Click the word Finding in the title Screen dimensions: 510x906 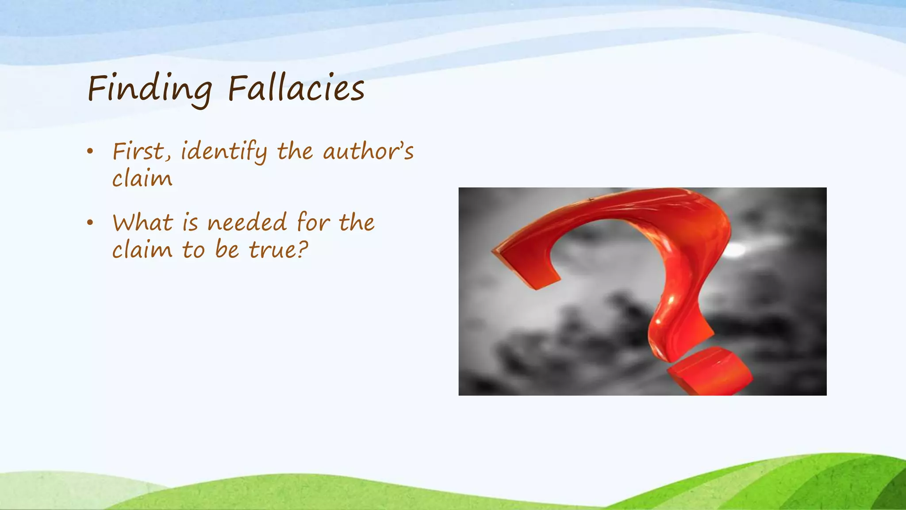(150, 89)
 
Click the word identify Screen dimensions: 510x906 (224, 151)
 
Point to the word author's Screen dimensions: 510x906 (368, 151)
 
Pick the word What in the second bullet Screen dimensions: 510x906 (142, 222)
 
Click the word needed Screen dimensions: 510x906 (247, 222)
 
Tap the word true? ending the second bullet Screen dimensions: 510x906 (278, 250)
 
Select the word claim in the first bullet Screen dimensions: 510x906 (142, 179)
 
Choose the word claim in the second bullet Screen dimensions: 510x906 (142, 250)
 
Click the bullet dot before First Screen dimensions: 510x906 (90, 151)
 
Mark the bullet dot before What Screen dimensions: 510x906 (90, 223)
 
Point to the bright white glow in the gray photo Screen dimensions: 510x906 (735, 250)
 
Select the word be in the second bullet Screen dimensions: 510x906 (227, 250)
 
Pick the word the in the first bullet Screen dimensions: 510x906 (295, 151)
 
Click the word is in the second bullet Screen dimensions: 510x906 (190, 222)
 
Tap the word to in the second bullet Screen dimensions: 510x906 (193, 250)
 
